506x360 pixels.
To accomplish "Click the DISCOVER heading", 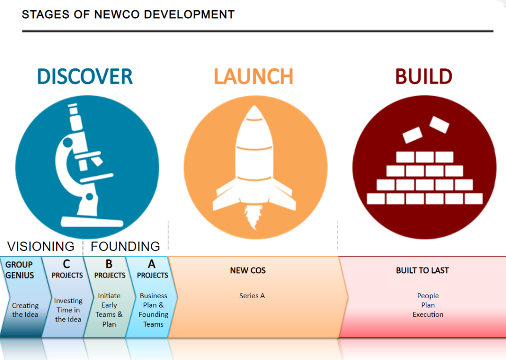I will (x=85, y=76).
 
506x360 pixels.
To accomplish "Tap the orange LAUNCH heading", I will (x=253, y=76).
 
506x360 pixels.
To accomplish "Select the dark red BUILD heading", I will (x=423, y=76).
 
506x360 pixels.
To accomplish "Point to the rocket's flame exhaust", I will (x=253, y=218).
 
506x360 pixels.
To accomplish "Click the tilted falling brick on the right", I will (x=439, y=124).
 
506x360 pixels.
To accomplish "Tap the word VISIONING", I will (x=41, y=246).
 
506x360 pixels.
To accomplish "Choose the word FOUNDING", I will (x=125, y=246).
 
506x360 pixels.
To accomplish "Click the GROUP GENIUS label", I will (x=19, y=270).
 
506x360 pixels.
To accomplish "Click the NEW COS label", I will (x=248, y=270).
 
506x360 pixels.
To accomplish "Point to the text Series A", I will (x=252, y=296).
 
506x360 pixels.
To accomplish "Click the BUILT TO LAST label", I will (x=422, y=270).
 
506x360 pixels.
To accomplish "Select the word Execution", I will (x=428, y=315).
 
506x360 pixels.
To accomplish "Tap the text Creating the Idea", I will (x=25, y=310).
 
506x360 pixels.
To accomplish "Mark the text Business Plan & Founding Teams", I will (x=153, y=310).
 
